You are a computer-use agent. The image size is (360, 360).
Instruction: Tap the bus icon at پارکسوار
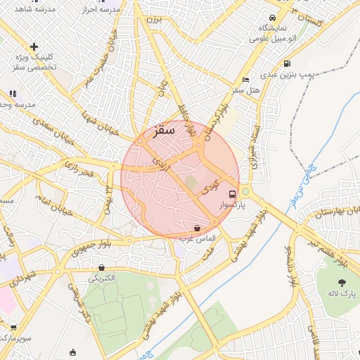click(232, 193)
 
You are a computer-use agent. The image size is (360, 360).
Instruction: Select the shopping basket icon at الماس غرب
click(196, 228)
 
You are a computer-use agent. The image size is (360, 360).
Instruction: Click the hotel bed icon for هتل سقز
click(245, 79)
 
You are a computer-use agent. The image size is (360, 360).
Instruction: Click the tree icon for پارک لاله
click(342, 281)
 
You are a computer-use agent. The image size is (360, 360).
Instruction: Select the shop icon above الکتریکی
click(102, 267)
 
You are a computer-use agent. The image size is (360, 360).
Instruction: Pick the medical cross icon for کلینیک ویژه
click(34, 46)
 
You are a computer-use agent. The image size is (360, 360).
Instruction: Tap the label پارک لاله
click(342, 292)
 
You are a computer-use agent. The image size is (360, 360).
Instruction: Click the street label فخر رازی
click(78, 168)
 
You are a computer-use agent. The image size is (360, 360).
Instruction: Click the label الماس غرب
click(201, 239)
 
